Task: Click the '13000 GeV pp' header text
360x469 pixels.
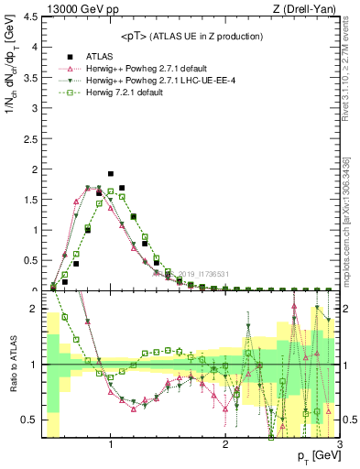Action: click(x=70, y=9)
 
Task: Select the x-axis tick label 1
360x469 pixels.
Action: click(x=111, y=445)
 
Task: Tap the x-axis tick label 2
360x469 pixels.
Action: click(x=225, y=445)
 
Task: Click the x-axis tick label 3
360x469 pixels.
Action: click(x=339, y=445)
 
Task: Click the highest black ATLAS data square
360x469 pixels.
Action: click(x=111, y=174)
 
